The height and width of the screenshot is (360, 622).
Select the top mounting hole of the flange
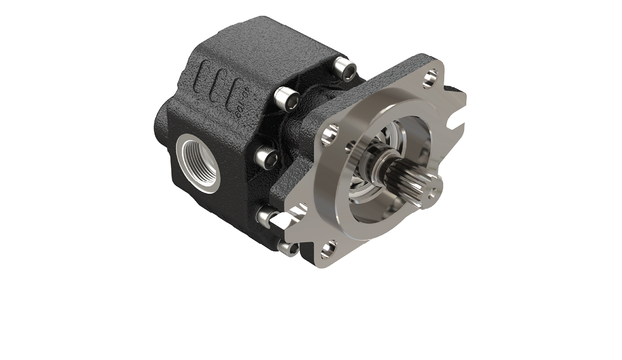tap(432, 75)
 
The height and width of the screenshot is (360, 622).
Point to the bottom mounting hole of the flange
tap(328, 248)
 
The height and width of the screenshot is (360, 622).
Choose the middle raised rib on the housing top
tap(220, 83)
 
